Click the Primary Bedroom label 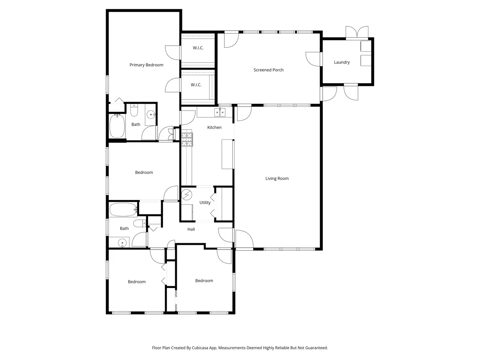pyautogui.click(x=146, y=65)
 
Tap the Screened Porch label pyautogui.click(x=268, y=70)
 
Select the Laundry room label pyautogui.click(x=342, y=62)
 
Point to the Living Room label pyautogui.click(x=277, y=178)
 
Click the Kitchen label pyautogui.click(x=214, y=127)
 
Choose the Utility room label pyautogui.click(x=205, y=203)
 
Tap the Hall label pyautogui.click(x=191, y=229)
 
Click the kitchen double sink pyautogui.click(x=220, y=112)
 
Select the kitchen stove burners pyautogui.click(x=187, y=139)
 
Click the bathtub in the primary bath pyautogui.click(x=117, y=126)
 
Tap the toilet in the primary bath pyautogui.click(x=134, y=110)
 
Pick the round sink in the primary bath pyautogui.click(x=151, y=114)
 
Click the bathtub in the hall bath pyautogui.click(x=123, y=209)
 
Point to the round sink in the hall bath pyautogui.click(x=122, y=243)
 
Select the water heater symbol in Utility pyautogui.click(x=187, y=194)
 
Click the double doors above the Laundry pyautogui.click(x=357, y=32)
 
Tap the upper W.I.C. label pyautogui.click(x=198, y=48)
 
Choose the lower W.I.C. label pyautogui.click(x=196, y=85)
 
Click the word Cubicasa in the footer pyautogui.click(x=200, y=348)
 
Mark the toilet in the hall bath pyautogui.click(x=139, y=223)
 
